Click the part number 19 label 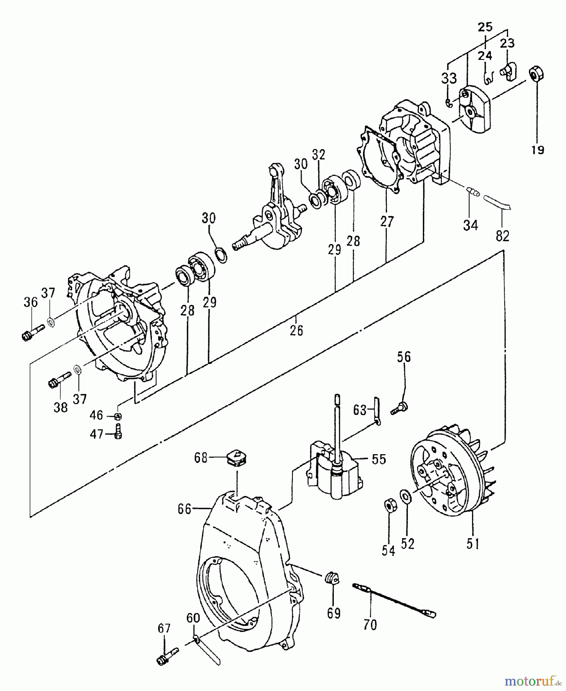click(x=538, y=150)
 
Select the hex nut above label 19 click(x=536, y=73)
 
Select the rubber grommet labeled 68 click(x=237, y=458)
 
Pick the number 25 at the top click(x=485, y=27)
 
